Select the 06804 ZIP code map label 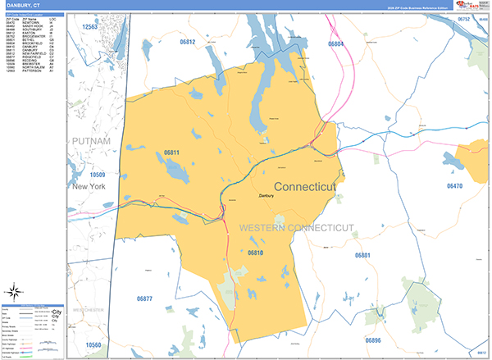(335, 44)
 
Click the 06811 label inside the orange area (171, 152)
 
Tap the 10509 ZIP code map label (98, 175)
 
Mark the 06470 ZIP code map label (454, 186)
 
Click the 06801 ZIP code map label (363, 256)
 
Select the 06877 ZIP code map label (145, 297)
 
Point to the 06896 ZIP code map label (372, 339)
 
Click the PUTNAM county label (91, 142)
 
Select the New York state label (89, 188)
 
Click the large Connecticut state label (304, 187)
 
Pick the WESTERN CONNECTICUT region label (296, 226)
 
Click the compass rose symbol (16, 291)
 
